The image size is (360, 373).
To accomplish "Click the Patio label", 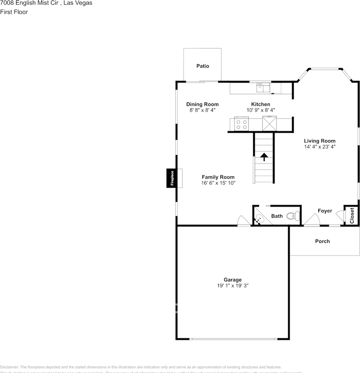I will point(202,66).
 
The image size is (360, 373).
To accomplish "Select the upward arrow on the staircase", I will point(264,157).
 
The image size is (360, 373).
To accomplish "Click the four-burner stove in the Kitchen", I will point(241,125).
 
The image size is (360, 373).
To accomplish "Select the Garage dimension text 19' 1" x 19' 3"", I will point(233,285).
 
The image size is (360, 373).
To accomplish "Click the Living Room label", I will point(320,141).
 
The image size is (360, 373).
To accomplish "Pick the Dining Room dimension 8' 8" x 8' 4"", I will point(202,110).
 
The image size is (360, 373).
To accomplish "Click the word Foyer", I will point(325,211).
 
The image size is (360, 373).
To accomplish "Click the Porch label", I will point(322,241).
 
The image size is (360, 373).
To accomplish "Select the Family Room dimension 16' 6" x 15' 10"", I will point(218,183).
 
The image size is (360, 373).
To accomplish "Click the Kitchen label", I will point(261,104).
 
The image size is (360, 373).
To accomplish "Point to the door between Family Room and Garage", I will point(244,221).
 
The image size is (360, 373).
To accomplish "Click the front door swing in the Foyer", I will point(311,221).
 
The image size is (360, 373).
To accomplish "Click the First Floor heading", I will point(14,12).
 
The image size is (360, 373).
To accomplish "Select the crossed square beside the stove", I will point(270,124).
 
